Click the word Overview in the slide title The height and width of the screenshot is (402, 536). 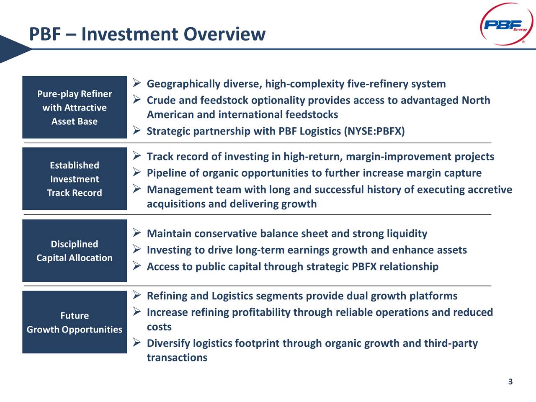[x=224, y=34]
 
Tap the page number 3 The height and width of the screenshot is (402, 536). [x=510, y=381]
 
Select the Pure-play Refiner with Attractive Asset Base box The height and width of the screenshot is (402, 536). [x=75, y=107]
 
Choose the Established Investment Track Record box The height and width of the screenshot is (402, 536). [x=75, y=179]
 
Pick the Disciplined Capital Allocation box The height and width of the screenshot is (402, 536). [x=75, y=250]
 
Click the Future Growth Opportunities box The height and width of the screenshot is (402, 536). [x=75, y=322]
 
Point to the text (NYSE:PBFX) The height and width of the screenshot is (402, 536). [x=374, y=131]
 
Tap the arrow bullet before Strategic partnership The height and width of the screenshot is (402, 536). [x=136, y=131]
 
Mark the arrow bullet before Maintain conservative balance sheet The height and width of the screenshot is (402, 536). [x=136, y=232]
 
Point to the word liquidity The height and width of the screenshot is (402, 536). [x=407, y=234]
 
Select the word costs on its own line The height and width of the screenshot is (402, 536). [x=159, y=327]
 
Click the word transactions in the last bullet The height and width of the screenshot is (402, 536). [x=177, y=358]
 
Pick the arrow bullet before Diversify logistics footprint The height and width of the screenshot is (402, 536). [x=136, y=343]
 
